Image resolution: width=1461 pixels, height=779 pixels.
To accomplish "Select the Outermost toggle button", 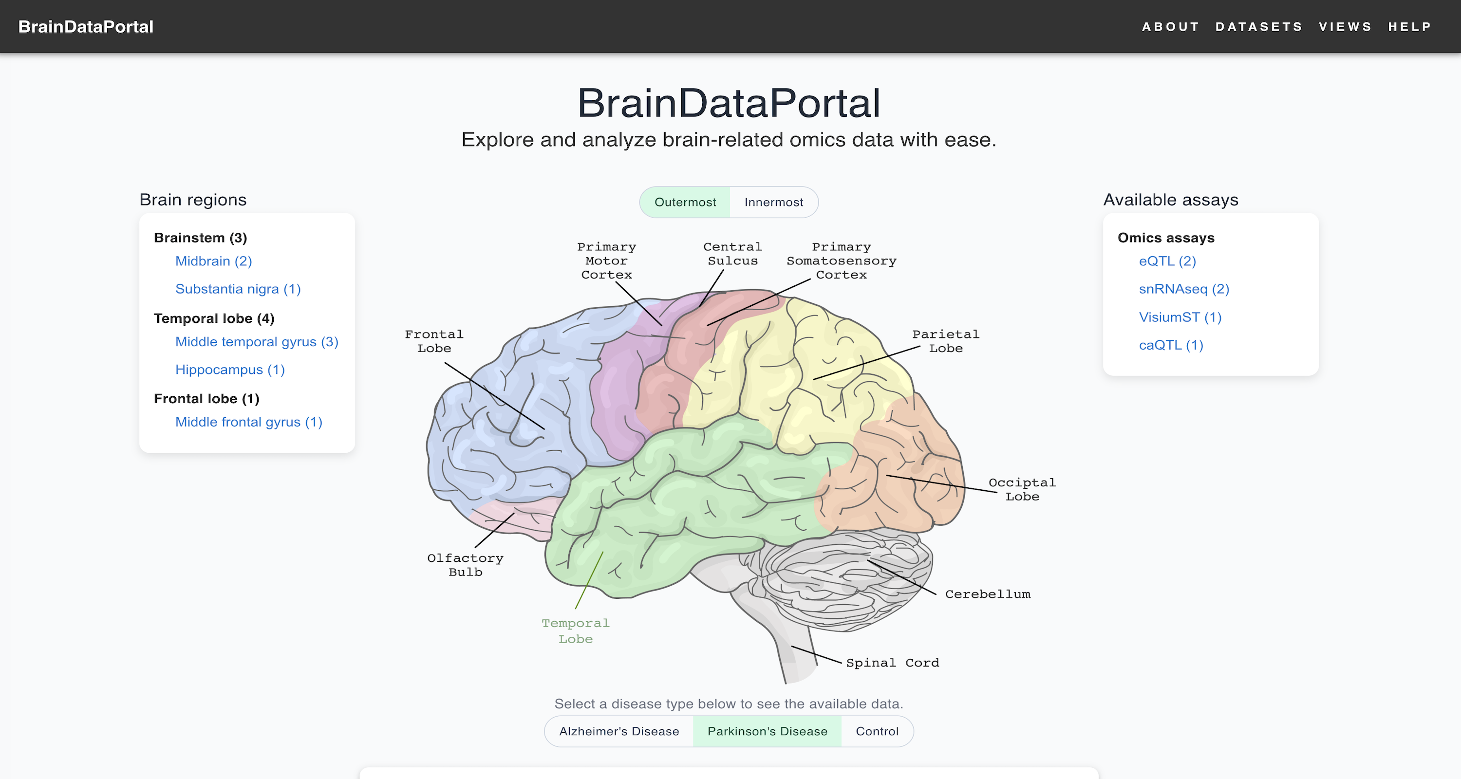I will (685, 203).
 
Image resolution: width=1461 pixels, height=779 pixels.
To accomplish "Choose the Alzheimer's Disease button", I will (619, 731).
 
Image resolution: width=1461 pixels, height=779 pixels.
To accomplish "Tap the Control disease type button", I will (877, 731).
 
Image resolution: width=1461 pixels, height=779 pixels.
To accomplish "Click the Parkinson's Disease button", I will (767, 731).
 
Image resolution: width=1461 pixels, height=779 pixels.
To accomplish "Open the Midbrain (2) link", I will (213, 261).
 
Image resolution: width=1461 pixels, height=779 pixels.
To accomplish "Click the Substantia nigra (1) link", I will (238, 289).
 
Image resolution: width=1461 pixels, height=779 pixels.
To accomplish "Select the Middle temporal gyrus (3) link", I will (256, 342).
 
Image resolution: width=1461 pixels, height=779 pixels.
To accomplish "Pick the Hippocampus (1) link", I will (230, 370).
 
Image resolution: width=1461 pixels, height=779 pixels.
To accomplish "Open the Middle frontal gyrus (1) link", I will (248, 423).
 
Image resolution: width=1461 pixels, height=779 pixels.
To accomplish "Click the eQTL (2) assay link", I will (1167, 261).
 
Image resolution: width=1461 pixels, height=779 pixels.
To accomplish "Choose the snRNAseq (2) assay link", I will (1184, 289).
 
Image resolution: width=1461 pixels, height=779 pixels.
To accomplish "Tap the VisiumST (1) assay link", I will (1180, 317).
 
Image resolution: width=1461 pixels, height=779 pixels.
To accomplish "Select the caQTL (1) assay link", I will (1171, 345).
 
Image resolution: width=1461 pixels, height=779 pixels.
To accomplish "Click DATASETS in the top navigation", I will (1258, 27).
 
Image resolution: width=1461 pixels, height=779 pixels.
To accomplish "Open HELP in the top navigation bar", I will (1409, 27).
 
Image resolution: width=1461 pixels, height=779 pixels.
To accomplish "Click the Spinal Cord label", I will (892, 663).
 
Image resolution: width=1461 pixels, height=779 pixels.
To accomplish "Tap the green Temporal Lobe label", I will (575, 631).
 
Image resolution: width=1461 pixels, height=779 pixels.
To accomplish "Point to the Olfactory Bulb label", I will (465, 565).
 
